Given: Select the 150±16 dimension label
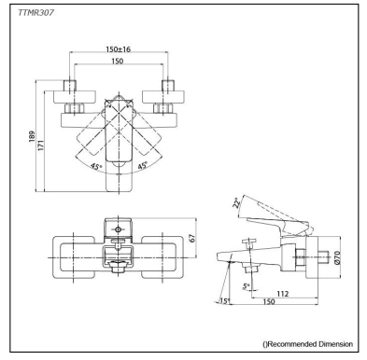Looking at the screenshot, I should (119, 49).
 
